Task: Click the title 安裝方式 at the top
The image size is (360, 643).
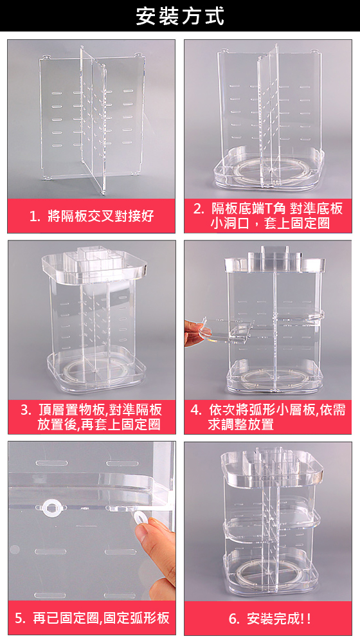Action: point(180,16)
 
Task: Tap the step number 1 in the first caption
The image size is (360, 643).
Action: point(34,216)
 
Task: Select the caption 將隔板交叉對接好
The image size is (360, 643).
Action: point(100,216)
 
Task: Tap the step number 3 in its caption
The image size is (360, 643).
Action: point(25,410)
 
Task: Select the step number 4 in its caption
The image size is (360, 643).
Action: point(195,410)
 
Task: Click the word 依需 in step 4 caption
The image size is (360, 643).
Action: point(332,410)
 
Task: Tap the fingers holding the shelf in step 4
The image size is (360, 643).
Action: point(196,333)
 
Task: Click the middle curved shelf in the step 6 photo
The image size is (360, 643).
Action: point(270,529)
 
